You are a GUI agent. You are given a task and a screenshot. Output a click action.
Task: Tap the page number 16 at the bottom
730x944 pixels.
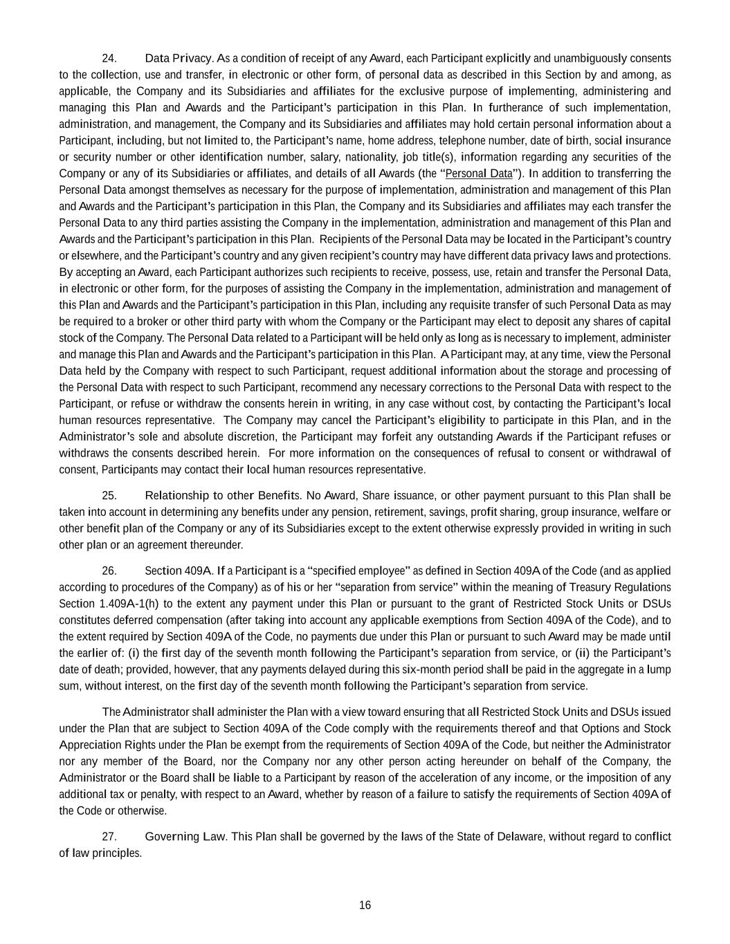click(x=365, y=906)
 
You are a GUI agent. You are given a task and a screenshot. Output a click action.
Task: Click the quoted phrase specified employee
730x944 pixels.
click(x=358, y=571)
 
